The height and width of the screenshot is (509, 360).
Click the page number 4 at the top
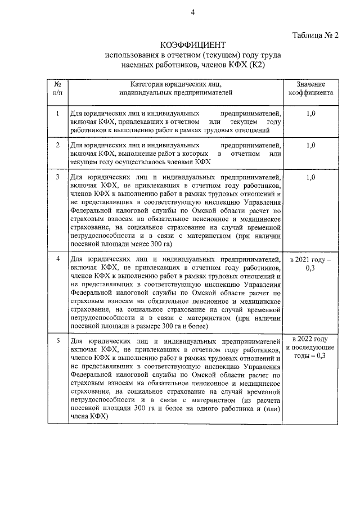[x=192, y=13]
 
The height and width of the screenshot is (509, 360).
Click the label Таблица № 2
[x=316, y=35]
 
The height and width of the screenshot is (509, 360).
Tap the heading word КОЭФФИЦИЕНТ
[x=193, y=46]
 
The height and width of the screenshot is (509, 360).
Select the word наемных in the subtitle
[x=139, y=65]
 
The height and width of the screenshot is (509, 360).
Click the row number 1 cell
[x=57, y=113]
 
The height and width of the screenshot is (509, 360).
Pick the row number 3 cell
[x=57, y=177]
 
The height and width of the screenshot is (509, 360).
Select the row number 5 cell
[x=57, y=341]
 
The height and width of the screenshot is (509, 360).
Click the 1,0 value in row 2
[x=310, y=145]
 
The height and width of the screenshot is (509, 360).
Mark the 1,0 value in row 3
[x=310, y=177]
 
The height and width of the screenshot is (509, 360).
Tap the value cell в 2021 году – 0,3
[x=310, y=264]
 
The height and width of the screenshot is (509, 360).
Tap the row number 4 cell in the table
[x=57, y=259]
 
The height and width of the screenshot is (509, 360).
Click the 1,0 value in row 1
[x=310, y=113]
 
